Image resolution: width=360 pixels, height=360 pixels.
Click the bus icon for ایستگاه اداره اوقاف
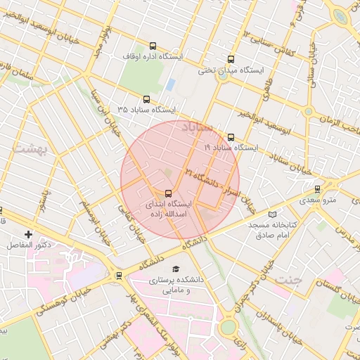(x=153, y=46)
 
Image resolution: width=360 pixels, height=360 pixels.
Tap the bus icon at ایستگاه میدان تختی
(x=231, y=60)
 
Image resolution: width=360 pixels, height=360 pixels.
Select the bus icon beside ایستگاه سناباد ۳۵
(x=146, y=100)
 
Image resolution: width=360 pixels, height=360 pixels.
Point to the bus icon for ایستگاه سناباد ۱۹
(x=231, y=138)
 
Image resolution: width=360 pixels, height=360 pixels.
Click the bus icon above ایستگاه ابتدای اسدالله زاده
(x=167, y=193)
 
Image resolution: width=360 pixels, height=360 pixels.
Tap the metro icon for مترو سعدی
(x=318, y=189)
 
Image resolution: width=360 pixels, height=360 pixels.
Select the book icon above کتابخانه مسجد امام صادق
(x=274, y=213)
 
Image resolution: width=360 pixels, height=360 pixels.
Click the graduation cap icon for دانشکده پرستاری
(x=176, y=269)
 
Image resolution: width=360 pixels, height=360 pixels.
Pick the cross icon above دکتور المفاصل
(x=28, y=234)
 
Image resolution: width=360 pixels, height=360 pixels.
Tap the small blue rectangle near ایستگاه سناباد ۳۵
(x=171, y=84)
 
